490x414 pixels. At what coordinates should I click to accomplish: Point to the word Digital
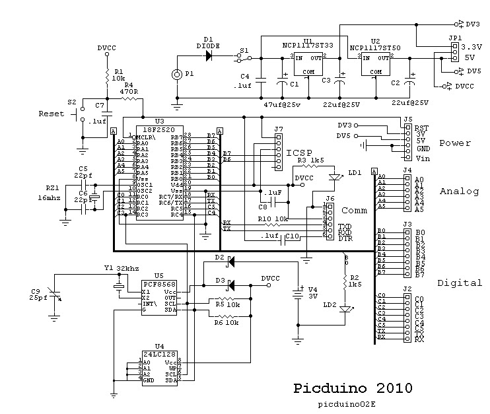pyautogui.click(x=459, y=283)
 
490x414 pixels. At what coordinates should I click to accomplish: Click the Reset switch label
pyautogui.click(x=52, y=114)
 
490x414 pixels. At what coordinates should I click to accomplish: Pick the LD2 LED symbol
pyautogui.click(x=343, y=307)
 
